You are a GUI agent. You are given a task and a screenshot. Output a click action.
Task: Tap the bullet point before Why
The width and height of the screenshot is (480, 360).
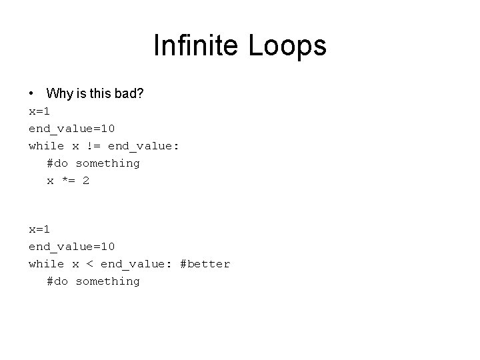pos(32,93)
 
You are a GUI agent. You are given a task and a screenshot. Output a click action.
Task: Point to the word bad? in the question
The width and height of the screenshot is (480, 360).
pos(128,93)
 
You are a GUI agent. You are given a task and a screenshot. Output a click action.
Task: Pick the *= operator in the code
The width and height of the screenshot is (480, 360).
pos(68,181)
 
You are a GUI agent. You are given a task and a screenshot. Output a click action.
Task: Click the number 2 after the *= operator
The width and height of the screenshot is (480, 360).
pos(86,181)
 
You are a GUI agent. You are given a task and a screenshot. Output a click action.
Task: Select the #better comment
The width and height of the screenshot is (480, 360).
pos(205,264)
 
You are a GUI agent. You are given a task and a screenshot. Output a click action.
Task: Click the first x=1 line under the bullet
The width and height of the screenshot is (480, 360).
pos(39,111)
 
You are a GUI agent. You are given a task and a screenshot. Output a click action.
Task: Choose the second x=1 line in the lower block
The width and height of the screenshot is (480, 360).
pos(39,229)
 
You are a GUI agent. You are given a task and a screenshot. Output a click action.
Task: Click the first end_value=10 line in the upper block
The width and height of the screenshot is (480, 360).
pos(71,129)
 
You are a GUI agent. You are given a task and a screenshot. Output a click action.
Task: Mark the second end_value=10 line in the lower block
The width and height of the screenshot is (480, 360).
pos(71,247)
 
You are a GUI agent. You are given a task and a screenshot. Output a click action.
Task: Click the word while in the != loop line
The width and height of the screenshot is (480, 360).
pos(46,146)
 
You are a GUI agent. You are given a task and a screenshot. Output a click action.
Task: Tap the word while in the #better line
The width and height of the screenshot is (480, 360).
pos(46,264)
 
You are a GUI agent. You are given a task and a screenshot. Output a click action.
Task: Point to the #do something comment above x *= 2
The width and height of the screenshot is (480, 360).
pos(93,163)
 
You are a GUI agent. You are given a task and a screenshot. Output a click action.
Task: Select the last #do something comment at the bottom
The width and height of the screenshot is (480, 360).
pos(93,281)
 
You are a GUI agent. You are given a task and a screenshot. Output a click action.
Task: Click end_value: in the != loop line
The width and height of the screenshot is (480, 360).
pos(143,146)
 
